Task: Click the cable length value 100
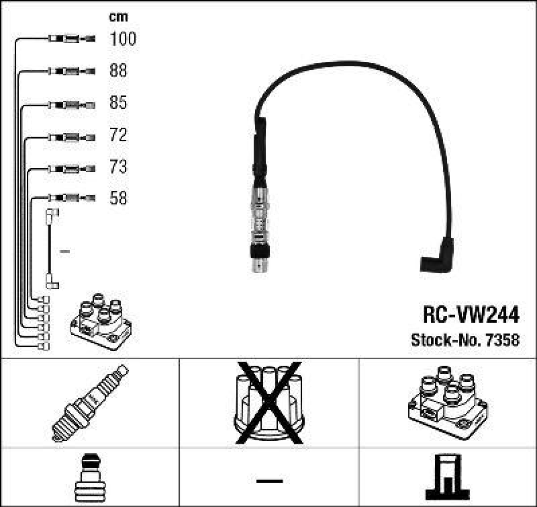[x=122, y=39]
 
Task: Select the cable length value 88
[x=117, y=71]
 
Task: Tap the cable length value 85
[x=117, y=103]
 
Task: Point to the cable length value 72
[x=117, y=135]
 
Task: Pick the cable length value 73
[x=117, y=166]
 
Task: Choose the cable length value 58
[x=117, y=198]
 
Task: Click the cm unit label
[x=118, y=17]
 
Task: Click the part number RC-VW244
[x=471, y=315]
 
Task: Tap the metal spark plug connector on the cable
[x=259, y=222]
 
